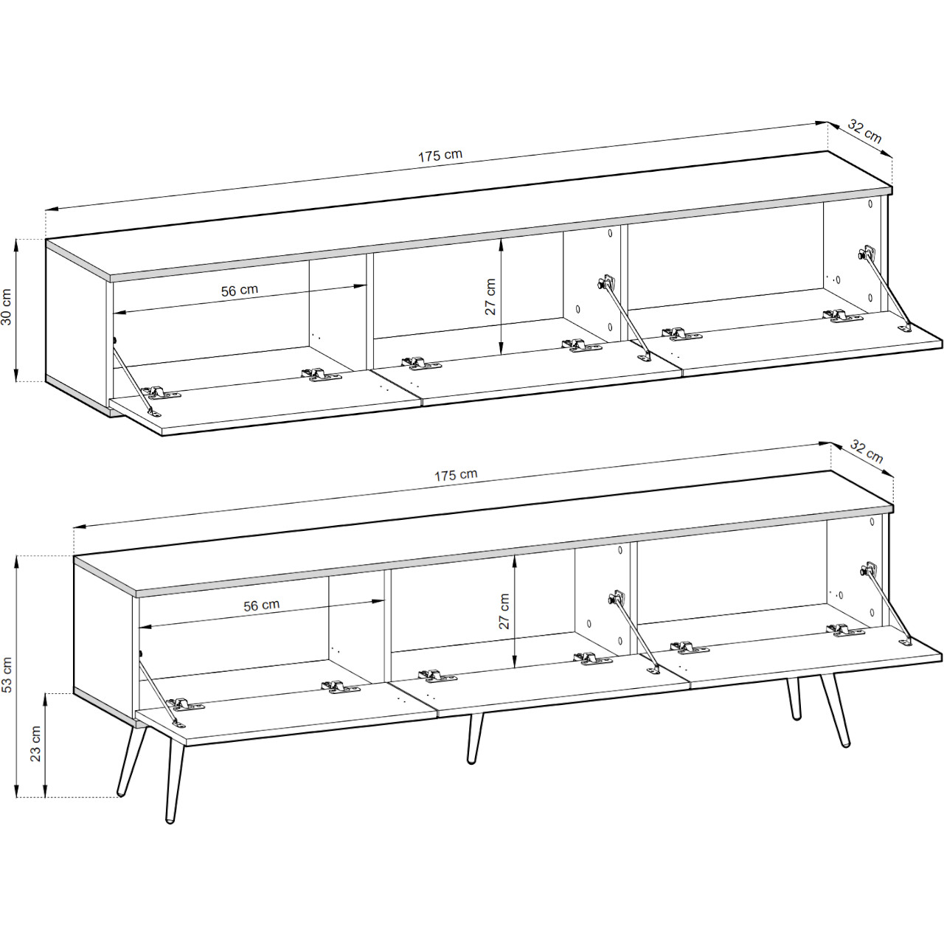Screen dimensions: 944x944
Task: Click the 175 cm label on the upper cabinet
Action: point(440,156)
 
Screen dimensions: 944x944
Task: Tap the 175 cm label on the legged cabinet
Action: point(455,475)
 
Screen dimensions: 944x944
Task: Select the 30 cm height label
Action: point(7,308)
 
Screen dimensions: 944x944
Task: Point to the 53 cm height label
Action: point(7,676)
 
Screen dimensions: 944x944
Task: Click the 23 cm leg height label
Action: point(35,745)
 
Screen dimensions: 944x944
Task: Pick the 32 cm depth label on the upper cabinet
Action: point(864,131)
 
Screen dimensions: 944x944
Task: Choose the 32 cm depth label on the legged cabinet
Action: point(867,451)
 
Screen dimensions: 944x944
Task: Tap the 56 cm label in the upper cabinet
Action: point(240,290)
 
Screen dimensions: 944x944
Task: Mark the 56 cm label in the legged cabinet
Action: point(262,605)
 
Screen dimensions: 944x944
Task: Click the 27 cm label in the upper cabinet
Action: point(490,297)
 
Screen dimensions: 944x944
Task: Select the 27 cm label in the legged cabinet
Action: point(504,611)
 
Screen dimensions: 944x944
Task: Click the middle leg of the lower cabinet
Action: point(474,737)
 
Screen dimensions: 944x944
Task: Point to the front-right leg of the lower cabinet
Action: point(838,711)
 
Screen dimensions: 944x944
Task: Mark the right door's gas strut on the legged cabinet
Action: point(888,605)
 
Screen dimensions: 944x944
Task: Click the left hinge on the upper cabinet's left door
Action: point(162,392)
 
